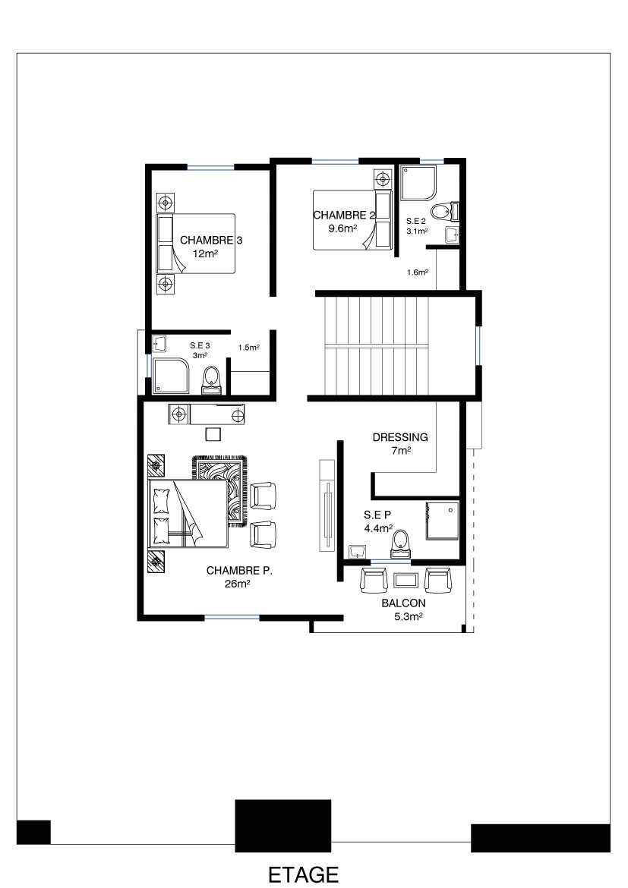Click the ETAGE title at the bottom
[x=303, y=874]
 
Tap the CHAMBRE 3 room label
[x=211, y=240]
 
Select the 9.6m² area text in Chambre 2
[x=342, y=228]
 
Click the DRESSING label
[x=400, y=437]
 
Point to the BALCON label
[x=403, y=603]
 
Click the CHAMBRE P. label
[x=239, y=571]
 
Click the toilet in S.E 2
[x=443, y=213]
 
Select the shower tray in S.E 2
[x=419, y=183]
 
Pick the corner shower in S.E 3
[x=171, y=375]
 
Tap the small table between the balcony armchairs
[x=406, y=581]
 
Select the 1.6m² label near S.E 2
[x=417, y=272]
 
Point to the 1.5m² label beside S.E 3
[x=249, y=348]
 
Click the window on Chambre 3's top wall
[x=211, y=167]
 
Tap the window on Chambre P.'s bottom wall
[x=232, y=617]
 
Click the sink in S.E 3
[x=159, y=344]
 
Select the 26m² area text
[x=238, y=584]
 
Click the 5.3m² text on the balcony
[x=409, y=617]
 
